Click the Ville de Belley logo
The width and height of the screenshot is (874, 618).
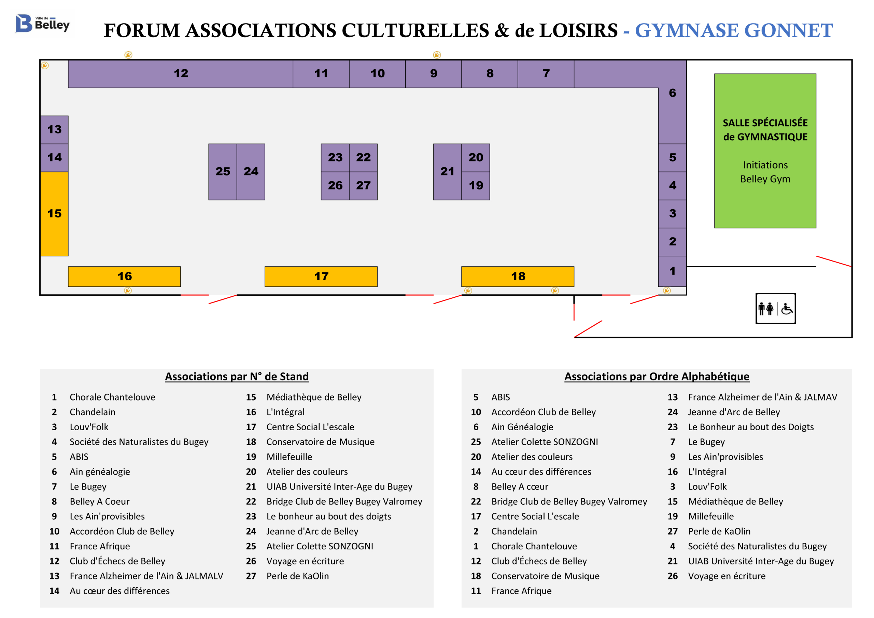(x=43, y=24)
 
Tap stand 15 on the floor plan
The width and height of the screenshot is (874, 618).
(x=54, y=214)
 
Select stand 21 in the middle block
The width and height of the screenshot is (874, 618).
(x=447, y=172)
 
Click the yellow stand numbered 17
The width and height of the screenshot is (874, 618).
(x=321, y=277)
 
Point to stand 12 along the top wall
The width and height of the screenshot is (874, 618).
(x=181, y=74)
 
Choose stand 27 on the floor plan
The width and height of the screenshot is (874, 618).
(x=363, y=186)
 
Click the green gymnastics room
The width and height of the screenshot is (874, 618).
(x=765, y=151)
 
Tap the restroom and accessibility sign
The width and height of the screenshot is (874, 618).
(x=775, y=308)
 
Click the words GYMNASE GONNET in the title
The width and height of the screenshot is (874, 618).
(x=734, y=30)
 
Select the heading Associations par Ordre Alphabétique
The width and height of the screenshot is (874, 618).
(x=657, y=377)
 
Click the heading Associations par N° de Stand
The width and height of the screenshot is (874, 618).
(x=237, y=377)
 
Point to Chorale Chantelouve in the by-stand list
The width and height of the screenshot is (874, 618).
(x=112, y=397)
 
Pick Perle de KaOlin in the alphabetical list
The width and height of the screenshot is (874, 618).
(x=719, y=531)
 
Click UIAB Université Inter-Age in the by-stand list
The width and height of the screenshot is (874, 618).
(x=339, y=487)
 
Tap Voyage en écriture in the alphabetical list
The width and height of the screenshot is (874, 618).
(x=727, y=576)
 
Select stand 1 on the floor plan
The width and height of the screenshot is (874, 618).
(x=672, y=271)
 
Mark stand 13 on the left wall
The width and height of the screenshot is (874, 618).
(x=54, y=130)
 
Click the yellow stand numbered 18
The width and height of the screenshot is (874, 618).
(x=518, y=277)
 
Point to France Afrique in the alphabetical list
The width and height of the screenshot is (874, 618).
(x=521, y=591)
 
